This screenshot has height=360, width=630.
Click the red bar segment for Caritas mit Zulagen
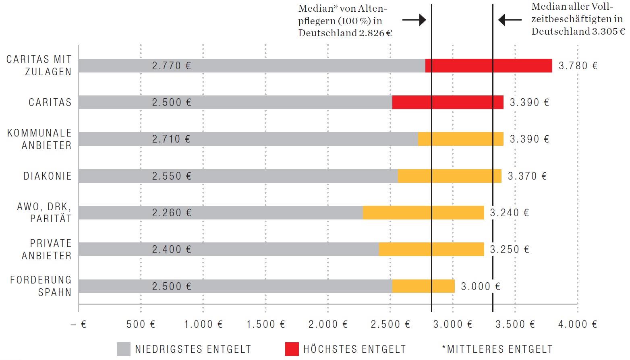[x=489, y=66]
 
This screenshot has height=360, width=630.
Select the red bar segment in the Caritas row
[x=448, y=102]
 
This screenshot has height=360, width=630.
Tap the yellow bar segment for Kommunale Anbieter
[x=460, y=139]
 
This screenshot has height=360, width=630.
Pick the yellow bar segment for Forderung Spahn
[x=423, y=286]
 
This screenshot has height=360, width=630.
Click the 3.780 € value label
[x=578, y=66]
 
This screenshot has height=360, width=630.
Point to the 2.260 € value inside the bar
[x=172, y=213]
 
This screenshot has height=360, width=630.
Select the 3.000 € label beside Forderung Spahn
[x=481, y=286]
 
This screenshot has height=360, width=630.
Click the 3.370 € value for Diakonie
[x=527, y=176]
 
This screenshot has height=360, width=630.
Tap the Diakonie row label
[x=48, y=176]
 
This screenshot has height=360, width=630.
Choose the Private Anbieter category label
[x=46, y=249]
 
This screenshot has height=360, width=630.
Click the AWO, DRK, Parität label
[x=44, y=212]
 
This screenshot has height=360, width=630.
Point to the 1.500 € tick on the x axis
[x=265, y=324]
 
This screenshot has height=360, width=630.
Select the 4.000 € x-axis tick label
[x=578, y=324]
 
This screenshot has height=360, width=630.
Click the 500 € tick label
[x=141, y=324]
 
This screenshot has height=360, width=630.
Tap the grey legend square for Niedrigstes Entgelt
[x=124, y=349]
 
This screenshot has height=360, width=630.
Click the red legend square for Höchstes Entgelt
[x=292, y=349]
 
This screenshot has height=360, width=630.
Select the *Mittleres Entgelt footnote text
[x=497, y=349]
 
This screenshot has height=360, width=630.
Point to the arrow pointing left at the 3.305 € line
[x=510, y=19]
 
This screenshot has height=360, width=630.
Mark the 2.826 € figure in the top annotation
[x=375, y=33]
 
